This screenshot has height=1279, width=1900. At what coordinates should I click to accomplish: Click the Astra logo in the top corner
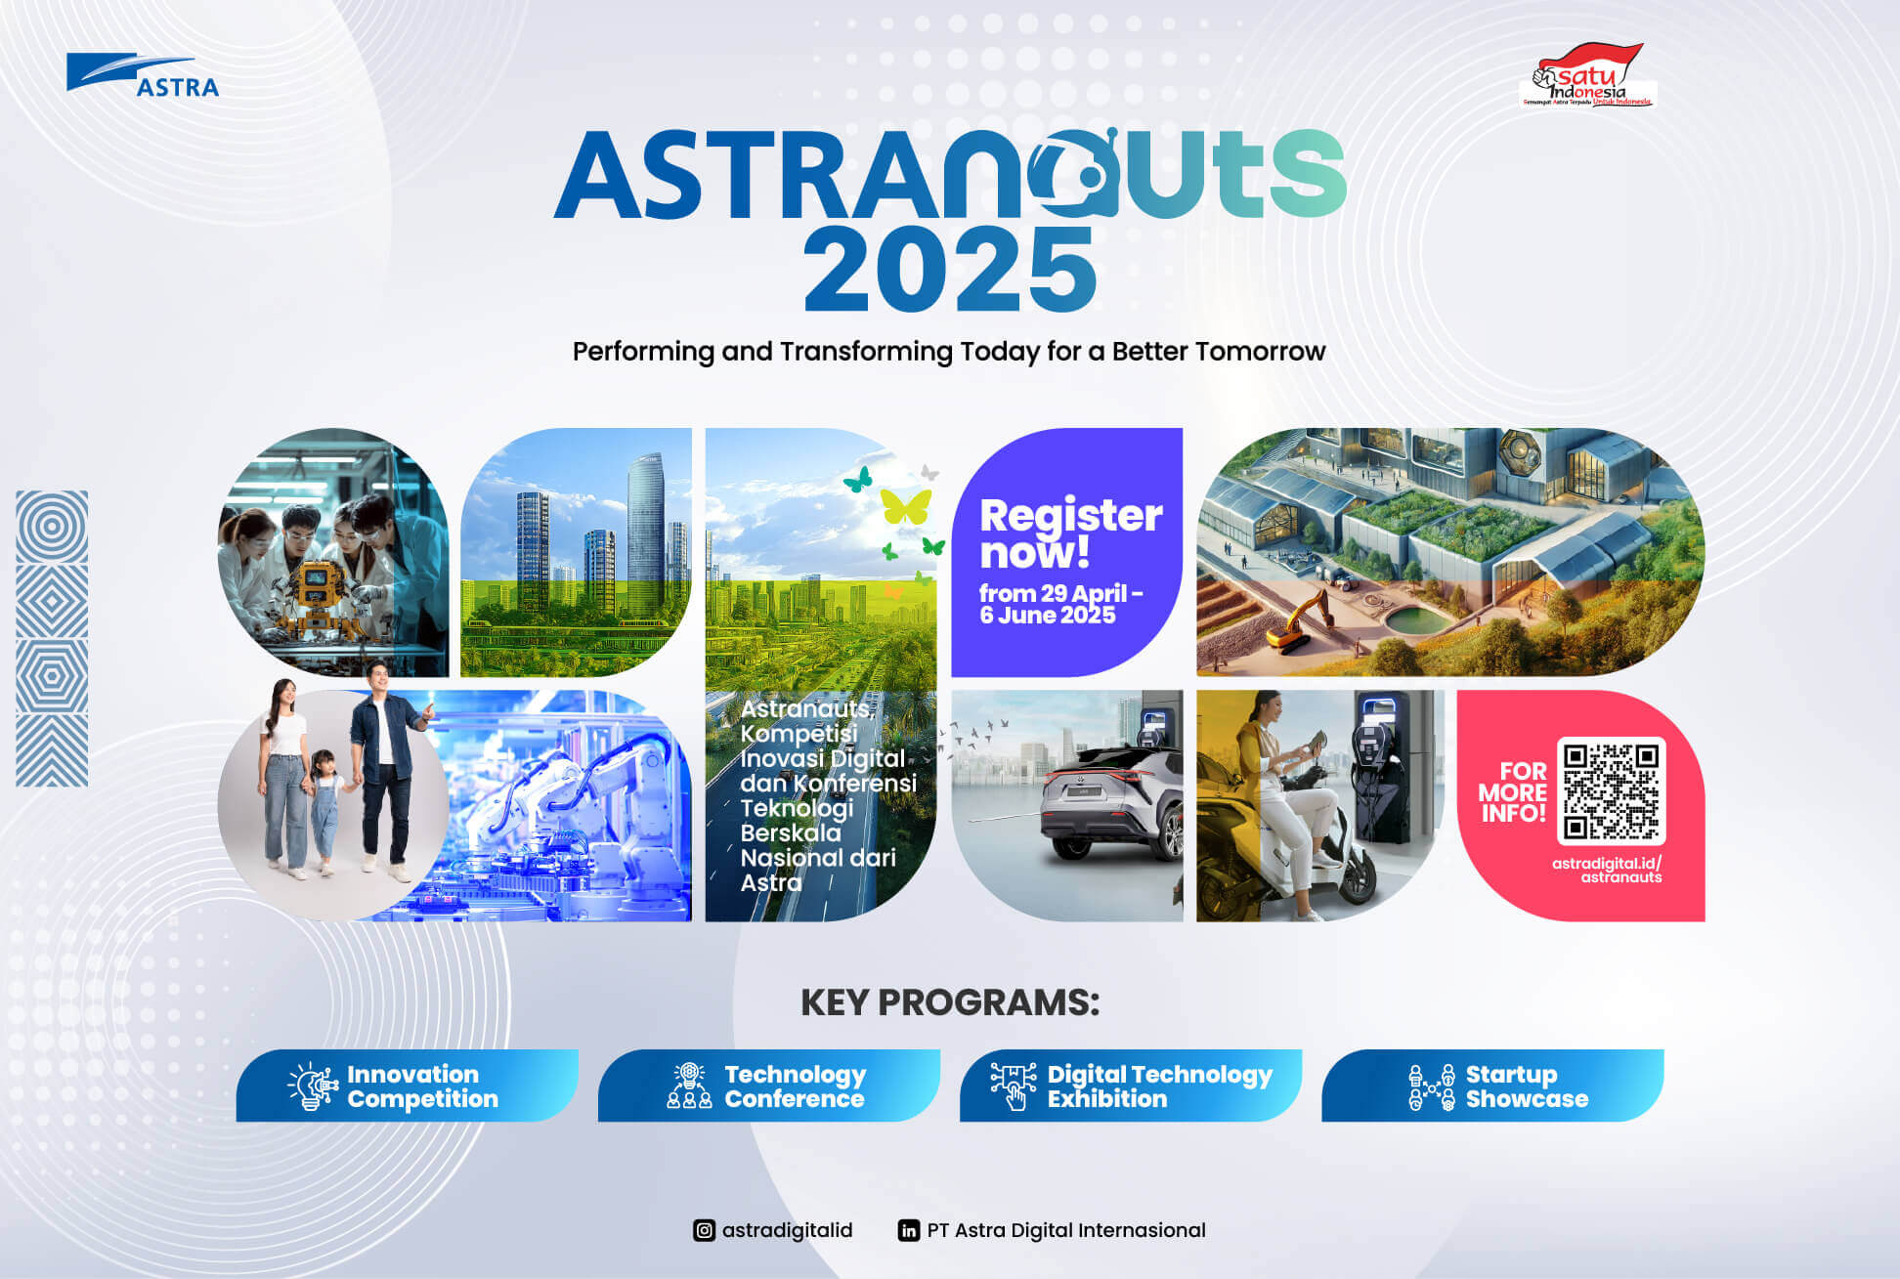pyautogui.click(x=143, y=75)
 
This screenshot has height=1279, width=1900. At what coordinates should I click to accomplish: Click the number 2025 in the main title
pyautogui.click(x=949, y=270)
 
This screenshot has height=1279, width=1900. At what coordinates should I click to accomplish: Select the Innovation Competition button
pyautogui.click(x=407, y=1086)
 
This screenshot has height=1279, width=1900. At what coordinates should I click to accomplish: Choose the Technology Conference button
pyautogui.click(x=768, y=1086)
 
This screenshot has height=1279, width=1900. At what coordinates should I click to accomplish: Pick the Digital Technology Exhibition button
pyautogui.click(x=1130, y=1086)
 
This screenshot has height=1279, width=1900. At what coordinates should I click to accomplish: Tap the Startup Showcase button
pyautogui.click(x=1491, y=1086)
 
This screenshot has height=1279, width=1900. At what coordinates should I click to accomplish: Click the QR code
pyautogui.click(x=1611, y=790)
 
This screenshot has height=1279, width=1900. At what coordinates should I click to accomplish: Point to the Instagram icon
pyautogui.click(x=704, y=1230)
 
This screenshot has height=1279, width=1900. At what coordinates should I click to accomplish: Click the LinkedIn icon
pyautogui.click(x=909, y=1230)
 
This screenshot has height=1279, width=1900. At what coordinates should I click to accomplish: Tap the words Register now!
pyautogui.click(x=1070, y=533)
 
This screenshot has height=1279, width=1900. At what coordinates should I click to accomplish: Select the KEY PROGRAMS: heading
pyautogui.click(x=950, y=1002)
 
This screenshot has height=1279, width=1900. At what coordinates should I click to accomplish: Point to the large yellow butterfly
pyautogui.click(x=905, y=506)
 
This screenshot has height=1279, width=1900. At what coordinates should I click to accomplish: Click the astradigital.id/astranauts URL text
pyautogui.click(x=1606, y=870)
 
